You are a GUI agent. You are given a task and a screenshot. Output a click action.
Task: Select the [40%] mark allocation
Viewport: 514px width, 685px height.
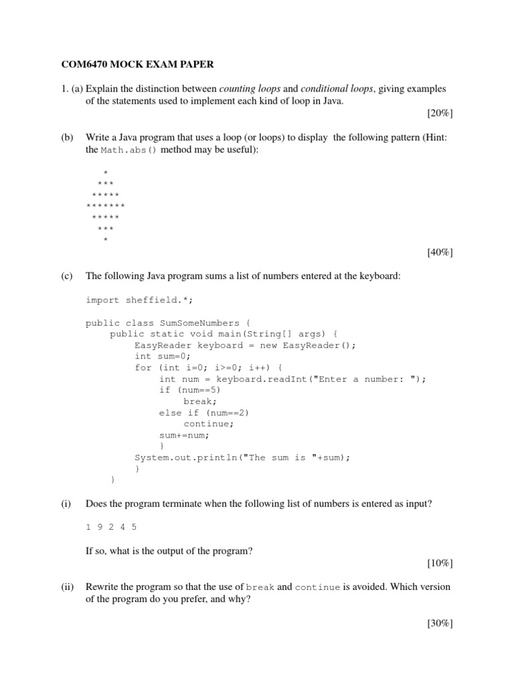(x=440, y=252)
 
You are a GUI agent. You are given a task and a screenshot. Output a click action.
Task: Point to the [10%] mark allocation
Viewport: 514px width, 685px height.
(x=440, y=563)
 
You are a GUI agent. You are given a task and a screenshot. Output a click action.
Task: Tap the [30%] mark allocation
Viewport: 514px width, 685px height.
(x=440, y=623)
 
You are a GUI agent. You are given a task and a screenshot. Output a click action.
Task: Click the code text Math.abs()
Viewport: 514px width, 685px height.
(x=129, y=150)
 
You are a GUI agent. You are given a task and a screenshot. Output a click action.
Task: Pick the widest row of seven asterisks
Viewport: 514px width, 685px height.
(x=106, y=205)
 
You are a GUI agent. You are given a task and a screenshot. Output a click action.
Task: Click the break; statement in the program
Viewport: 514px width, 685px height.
(x=199, y=401)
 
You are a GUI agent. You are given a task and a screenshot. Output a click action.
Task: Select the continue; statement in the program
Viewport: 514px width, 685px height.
(x=209, y=424)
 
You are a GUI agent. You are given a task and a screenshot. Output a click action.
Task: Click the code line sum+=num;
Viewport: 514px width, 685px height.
(x=184, y=435)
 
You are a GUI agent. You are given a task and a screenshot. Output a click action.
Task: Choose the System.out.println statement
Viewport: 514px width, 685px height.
(x=242, y=458)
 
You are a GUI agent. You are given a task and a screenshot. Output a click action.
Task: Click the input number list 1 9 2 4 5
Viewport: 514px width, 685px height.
(x=111, y=526)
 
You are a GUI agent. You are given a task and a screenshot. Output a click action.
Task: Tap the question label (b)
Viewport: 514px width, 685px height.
(x=67, y=137)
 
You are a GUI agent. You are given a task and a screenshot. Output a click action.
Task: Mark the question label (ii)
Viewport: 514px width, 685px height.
(x=68, y=587)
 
